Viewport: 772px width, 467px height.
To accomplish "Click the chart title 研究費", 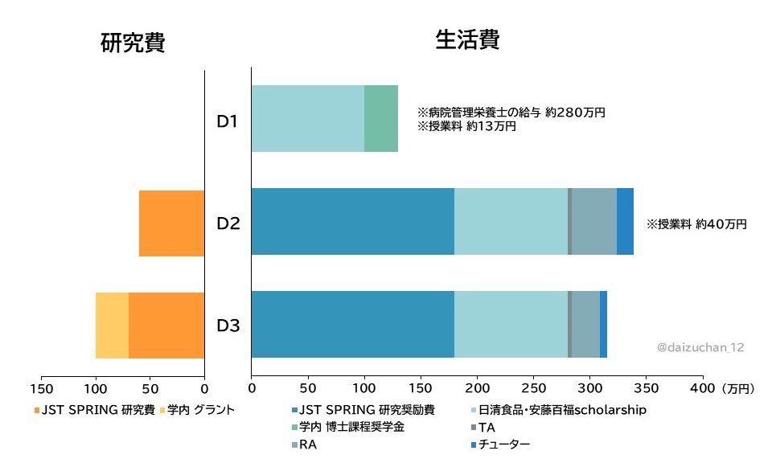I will click(x=133, y=43).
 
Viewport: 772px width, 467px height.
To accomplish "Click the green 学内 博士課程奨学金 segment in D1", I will click(x=381, y=118).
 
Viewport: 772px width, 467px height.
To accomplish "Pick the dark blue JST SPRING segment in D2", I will click(x=352, y=222).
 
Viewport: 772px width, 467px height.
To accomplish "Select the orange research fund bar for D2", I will click(x=172, y=223).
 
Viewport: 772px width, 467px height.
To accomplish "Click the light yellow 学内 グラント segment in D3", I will click(x=112, y=326).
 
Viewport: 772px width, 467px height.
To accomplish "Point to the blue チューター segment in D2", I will click(x=625, y=222).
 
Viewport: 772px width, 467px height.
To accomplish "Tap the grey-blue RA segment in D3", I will click(x=585, y=325).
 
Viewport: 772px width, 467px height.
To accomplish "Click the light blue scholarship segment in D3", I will click(x=511, y=325).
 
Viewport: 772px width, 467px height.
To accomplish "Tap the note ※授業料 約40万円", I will click(x=696, y=225).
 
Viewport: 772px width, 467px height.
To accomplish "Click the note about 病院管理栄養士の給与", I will click(x=511, y=113).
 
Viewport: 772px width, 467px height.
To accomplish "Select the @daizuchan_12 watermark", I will click(x=700, y=347).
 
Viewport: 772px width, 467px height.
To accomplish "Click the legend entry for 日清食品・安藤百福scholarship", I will click(x=563, y=411).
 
